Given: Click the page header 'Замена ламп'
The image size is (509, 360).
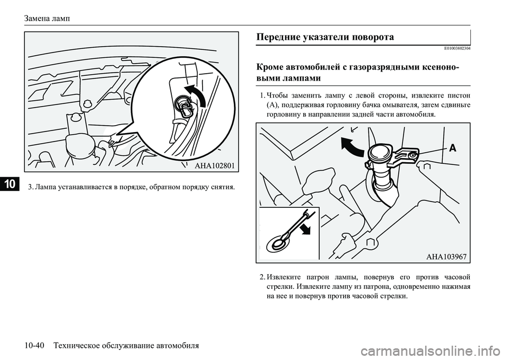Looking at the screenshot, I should coord(48,18).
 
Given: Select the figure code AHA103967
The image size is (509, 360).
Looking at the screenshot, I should coord(445,256).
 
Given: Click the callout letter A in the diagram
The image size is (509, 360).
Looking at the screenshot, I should coord(452,149).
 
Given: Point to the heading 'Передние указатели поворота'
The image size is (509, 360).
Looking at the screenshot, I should coord(324,37).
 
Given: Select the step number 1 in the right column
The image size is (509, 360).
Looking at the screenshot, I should coord(263,96).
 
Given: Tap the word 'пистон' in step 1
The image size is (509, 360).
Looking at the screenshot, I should coord(458,96).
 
